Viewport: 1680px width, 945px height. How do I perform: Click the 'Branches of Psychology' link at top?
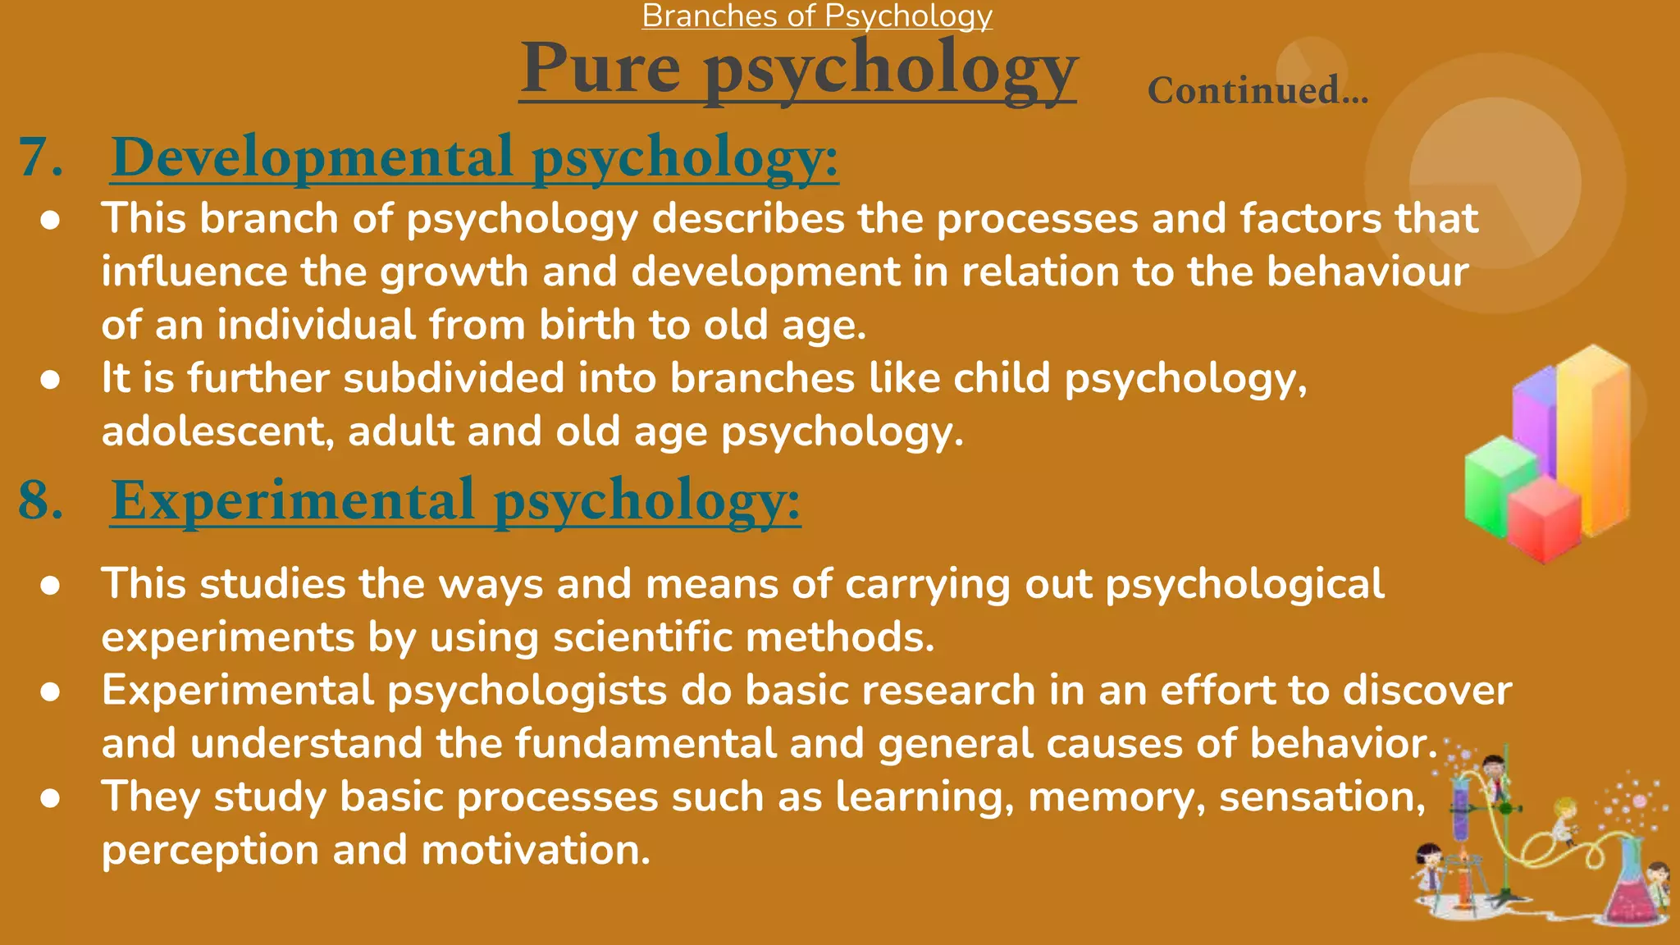coord(817,16)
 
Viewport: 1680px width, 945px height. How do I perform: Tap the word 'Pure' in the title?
coord(601,68)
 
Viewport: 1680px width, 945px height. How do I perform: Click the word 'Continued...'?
coord(1258,90)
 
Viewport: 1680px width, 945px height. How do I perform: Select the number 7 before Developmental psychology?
coord(40,157)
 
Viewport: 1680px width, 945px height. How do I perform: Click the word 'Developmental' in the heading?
coord(312,157)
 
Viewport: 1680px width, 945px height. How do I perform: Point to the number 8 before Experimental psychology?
coord(40,500)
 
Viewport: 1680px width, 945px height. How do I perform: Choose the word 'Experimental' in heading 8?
coord(293,500)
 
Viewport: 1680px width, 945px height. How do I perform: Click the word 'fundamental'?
coord(646,743)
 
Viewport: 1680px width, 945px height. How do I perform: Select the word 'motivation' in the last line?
coord(535,850)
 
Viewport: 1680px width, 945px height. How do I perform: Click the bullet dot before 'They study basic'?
coord(51,798)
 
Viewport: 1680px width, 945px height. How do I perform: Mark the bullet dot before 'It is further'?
coord(51,380)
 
